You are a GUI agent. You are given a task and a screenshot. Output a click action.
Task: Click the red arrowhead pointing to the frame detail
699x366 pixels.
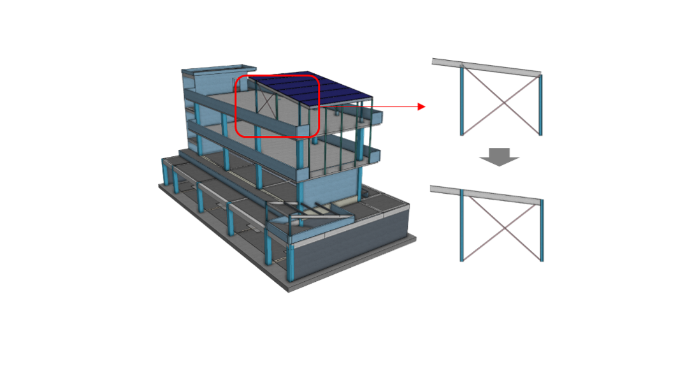click(422, 107)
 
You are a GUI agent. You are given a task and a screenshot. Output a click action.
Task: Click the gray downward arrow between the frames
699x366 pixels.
click(500, 157)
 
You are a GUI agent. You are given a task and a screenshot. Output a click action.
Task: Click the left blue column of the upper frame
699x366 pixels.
click(461, 102)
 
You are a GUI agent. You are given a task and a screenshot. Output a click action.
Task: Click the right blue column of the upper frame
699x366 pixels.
click(542, 105)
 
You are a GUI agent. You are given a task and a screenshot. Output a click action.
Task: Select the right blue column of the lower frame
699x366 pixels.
click(542, 231)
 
